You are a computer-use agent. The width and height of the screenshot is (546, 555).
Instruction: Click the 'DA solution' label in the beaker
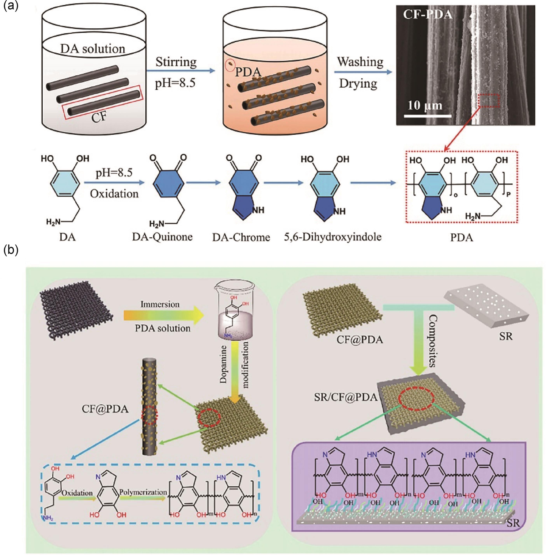pos(93,49)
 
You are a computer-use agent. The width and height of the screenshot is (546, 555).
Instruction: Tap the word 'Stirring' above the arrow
pos(176,62)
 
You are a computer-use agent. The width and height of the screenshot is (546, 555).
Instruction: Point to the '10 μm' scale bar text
pos(425,105)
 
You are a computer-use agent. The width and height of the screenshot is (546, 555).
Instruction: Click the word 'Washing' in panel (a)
pos(360,62)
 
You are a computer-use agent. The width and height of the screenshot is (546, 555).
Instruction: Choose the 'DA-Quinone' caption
pos(162,237)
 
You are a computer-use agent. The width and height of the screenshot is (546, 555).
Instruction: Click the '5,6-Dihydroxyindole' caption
pos(333,237)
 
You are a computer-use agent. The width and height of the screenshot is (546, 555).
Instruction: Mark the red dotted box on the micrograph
pos(489,101)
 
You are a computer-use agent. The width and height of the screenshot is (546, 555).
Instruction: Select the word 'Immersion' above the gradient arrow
pos(160,304)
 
